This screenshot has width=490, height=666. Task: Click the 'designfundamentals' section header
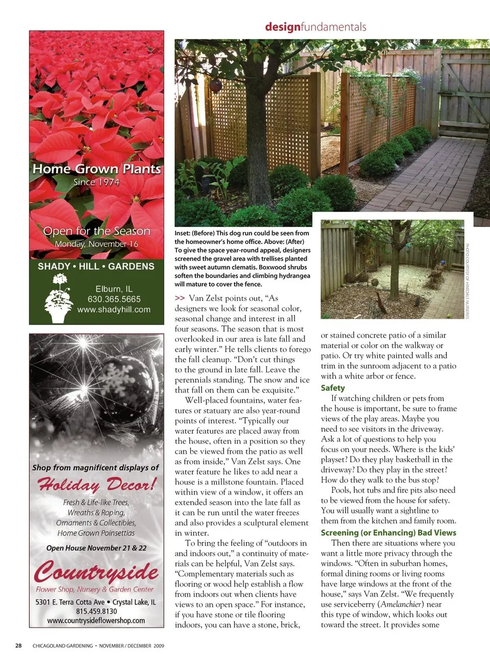315,27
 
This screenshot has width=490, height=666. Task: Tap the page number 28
18,646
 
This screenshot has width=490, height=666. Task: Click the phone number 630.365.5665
114,299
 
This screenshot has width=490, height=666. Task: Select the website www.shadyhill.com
114,309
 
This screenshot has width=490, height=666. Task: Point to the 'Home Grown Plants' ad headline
96,169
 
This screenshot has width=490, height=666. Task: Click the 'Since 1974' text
96,182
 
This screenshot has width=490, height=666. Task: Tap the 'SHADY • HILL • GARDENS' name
96,266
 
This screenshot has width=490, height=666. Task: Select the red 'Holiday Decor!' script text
96,484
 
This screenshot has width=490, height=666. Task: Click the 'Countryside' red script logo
96,571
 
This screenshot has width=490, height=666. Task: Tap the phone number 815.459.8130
96,611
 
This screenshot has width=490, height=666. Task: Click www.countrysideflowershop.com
96,621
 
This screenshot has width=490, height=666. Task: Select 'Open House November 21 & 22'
96,548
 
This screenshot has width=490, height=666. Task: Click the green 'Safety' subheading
333,388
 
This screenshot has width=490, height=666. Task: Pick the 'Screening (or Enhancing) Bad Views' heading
388,532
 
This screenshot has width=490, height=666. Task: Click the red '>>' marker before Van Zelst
180,298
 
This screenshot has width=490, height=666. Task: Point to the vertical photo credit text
467,281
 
